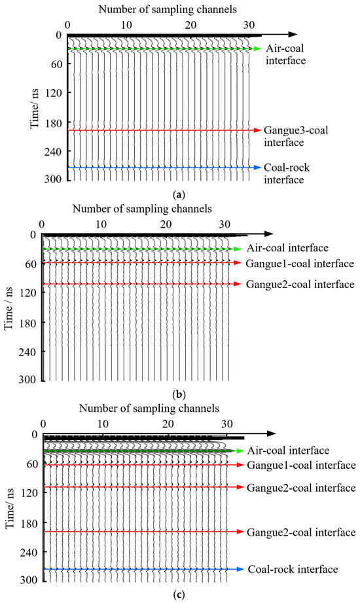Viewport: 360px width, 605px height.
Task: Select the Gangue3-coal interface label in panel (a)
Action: click(x=295, y=136)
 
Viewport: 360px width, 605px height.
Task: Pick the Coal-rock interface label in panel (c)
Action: click(x=293, y=570)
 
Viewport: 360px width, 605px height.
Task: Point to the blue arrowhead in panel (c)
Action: click(x=241, y=570)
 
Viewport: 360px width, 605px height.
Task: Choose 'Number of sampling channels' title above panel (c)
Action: click(x=149, y=409)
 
